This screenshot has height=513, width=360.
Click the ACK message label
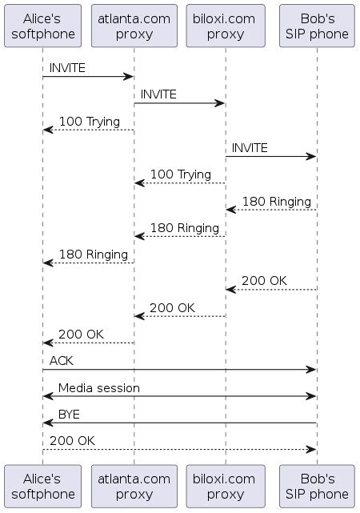[x=62, y=361]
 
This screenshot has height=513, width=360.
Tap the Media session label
[x=98, y=387]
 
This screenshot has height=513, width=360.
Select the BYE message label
[x=69, y=414]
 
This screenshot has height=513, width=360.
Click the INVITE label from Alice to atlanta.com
[x=67, y=68]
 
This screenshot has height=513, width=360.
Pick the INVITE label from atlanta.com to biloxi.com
[x=159, y=94]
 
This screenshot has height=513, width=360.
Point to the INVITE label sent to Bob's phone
[x=250, y=148]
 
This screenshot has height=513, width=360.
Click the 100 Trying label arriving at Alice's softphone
[x=90, y=122]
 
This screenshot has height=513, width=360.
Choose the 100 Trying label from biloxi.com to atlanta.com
[x=181, y=174]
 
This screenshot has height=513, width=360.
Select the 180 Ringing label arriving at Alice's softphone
[x=94, y=254]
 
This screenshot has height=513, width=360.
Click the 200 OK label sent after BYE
[x=72, y=440]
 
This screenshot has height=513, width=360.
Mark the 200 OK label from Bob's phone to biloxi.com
[x=264, y=281]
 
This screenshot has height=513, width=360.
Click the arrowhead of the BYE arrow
[x=47, y=423]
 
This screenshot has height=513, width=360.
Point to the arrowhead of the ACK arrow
[x=313, y=370]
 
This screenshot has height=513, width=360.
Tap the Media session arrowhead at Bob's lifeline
[x=313, y=396]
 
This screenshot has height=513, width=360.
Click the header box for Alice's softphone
[x=43, y=26]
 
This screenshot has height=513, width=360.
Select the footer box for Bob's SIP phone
[x=317, y=487]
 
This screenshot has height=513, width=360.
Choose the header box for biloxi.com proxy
[x=226, y=26]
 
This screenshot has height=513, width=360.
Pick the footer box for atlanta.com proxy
[x=134, y=487]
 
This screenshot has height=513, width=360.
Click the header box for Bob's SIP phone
[x=317, y=26]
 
